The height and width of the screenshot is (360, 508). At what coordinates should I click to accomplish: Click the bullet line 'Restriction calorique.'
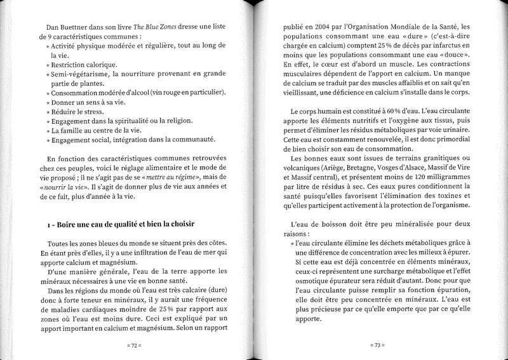(85, 64)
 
